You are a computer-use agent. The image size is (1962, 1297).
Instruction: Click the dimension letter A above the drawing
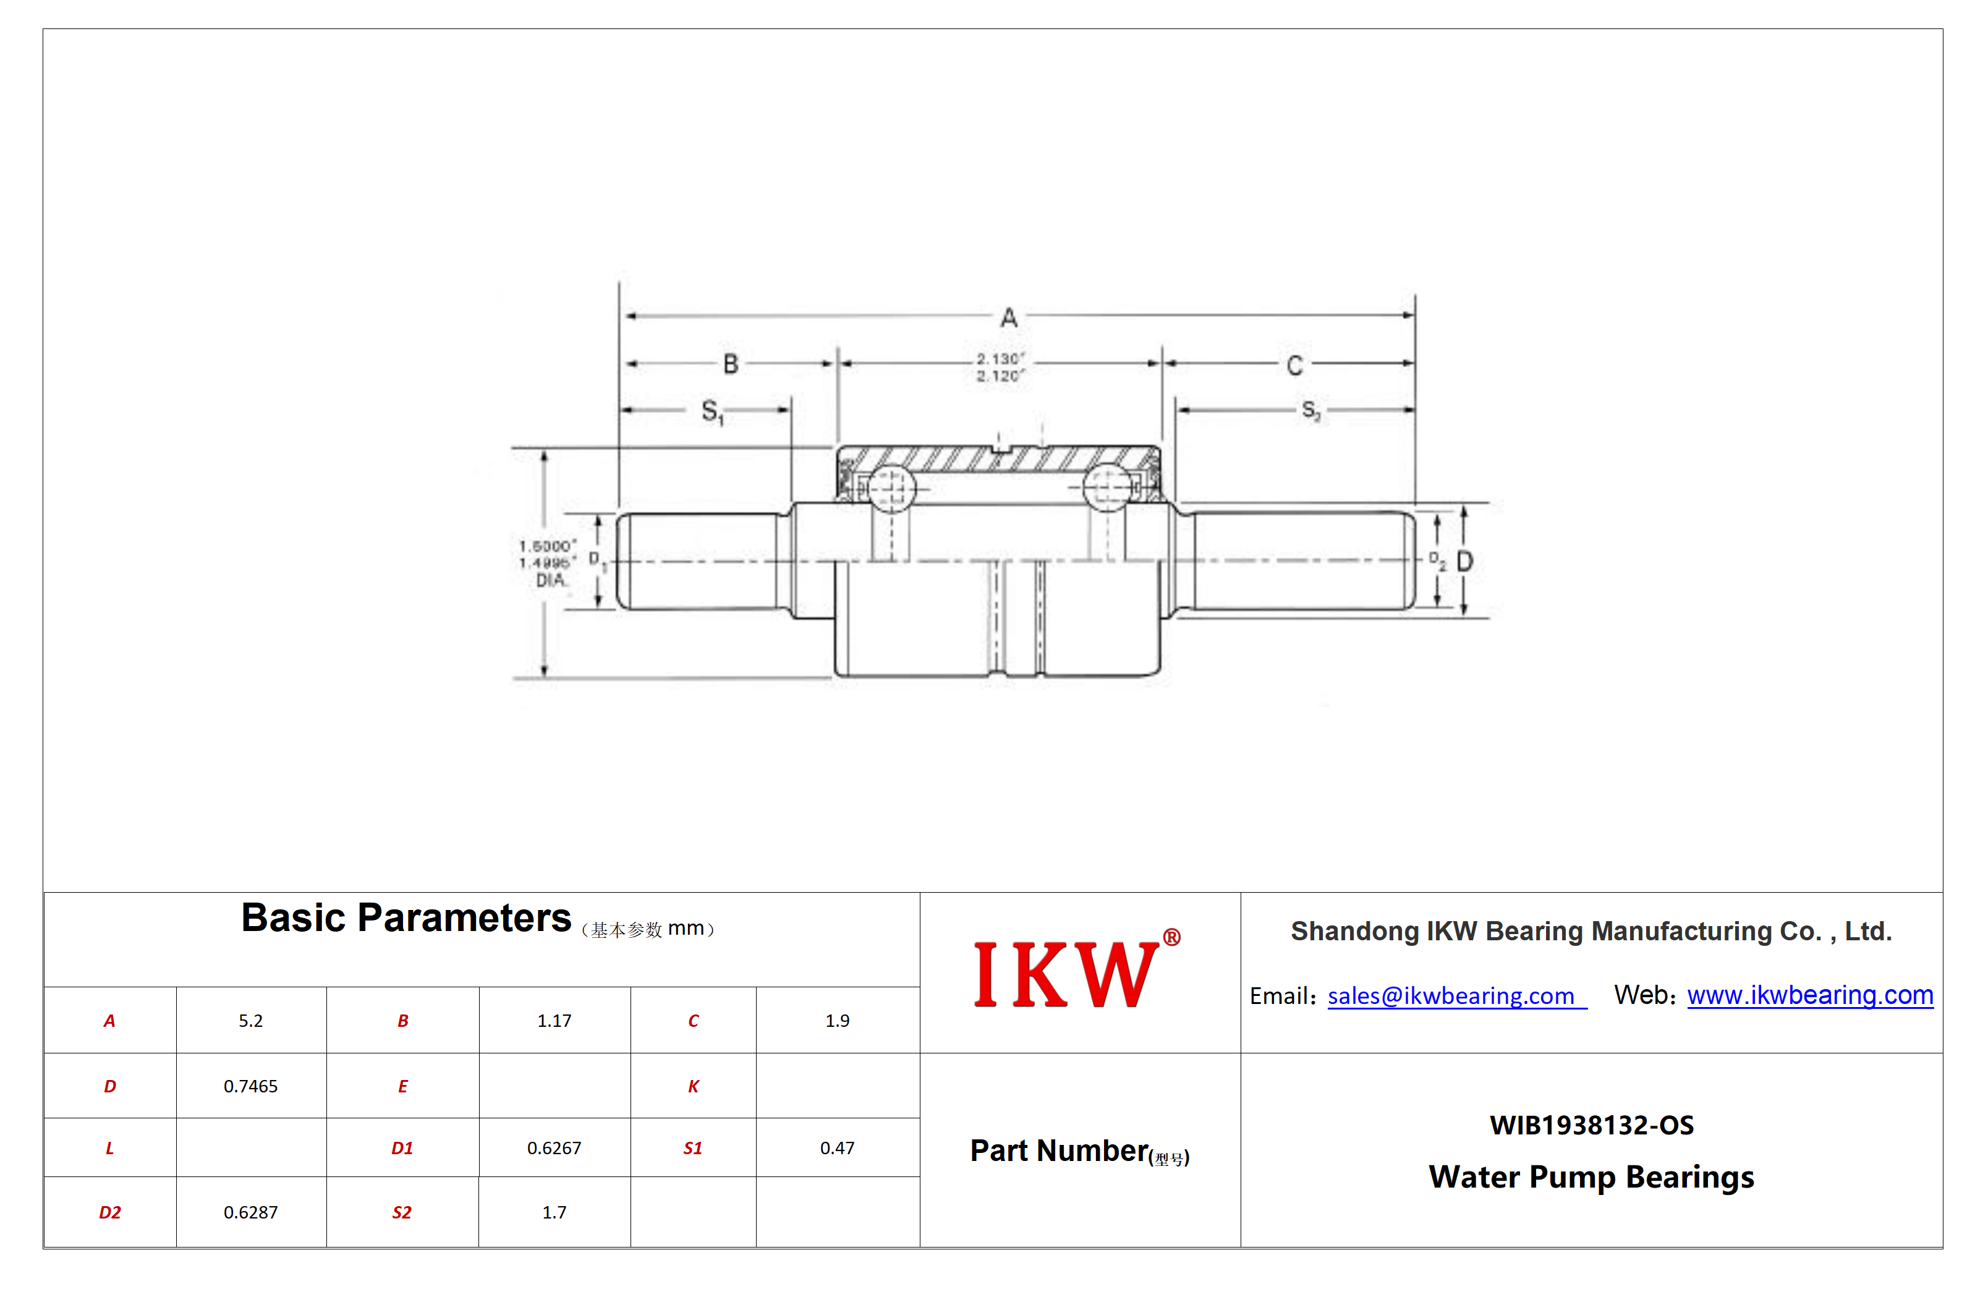(1008, 318)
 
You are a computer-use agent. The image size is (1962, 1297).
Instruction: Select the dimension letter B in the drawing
(731, 364)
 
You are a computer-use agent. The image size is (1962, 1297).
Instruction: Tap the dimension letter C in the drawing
(1294, 365)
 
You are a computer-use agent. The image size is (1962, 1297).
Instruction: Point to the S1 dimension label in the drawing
(712, 411)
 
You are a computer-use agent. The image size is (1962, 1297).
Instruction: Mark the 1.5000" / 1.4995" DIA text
(548, 563)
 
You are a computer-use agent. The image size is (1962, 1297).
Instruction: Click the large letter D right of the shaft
(1464, 562)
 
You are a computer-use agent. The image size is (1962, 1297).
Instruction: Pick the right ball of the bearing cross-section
(1106, 488)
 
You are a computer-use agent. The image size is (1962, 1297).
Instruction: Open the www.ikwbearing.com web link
(1810, 995)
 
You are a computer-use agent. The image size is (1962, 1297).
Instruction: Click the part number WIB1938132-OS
(1592, 1125)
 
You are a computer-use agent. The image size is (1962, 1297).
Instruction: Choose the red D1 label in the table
(402, 1148)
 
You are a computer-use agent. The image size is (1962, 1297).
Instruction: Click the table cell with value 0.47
(837, 1148)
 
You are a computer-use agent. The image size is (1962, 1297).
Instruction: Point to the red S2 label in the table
(402, 1213)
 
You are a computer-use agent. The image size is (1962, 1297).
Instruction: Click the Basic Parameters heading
(406, 918)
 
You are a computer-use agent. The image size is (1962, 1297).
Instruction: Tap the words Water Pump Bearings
(1592, 1177)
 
